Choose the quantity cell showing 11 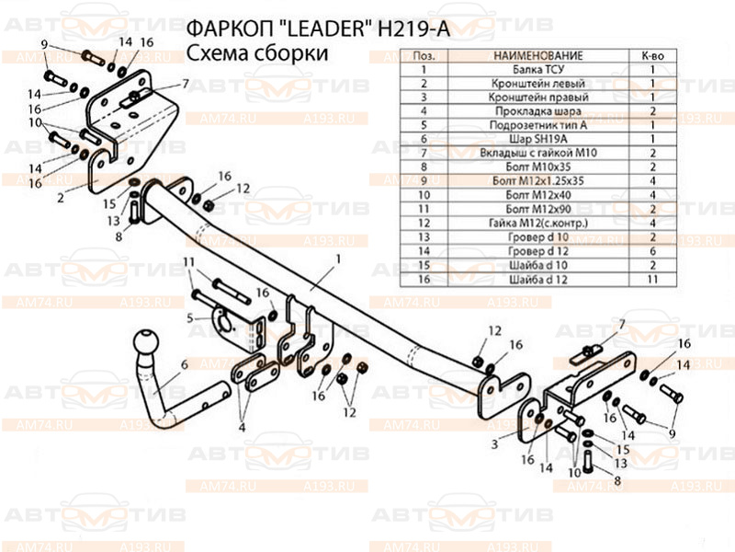tap(652, 278)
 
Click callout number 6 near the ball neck tap(184, 364)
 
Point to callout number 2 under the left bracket tap(60, 196)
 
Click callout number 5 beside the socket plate tap(191, 318)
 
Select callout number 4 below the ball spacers tap(242, 426)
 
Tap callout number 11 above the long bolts tap(188, 263)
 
